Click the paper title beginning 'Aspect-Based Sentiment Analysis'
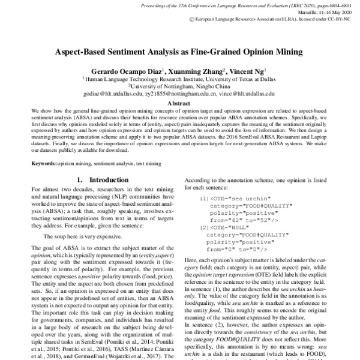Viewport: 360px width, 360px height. pyautogui.click(x=179, y=52)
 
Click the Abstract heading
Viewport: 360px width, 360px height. pyautogui.click(x=179, y=103)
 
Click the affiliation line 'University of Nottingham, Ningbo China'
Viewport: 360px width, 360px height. pyautogui.click(x=179, y=86)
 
